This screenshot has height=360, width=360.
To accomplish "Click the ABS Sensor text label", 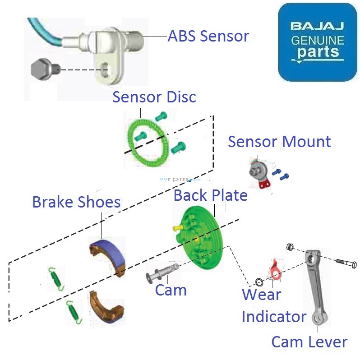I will [208, 36].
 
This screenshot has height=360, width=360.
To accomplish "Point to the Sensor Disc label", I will [154, 97].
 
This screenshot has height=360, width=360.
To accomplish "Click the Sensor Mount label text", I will [279, 141].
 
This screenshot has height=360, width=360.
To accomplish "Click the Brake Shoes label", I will [76, 202].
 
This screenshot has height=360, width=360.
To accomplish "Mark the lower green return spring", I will [73, 311].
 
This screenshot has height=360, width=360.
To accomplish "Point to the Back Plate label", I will [211, 195].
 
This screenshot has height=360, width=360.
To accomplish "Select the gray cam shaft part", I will [161, 272].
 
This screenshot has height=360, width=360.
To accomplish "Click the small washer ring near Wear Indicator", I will [259, 282].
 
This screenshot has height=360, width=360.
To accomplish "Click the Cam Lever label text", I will [309, 342].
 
